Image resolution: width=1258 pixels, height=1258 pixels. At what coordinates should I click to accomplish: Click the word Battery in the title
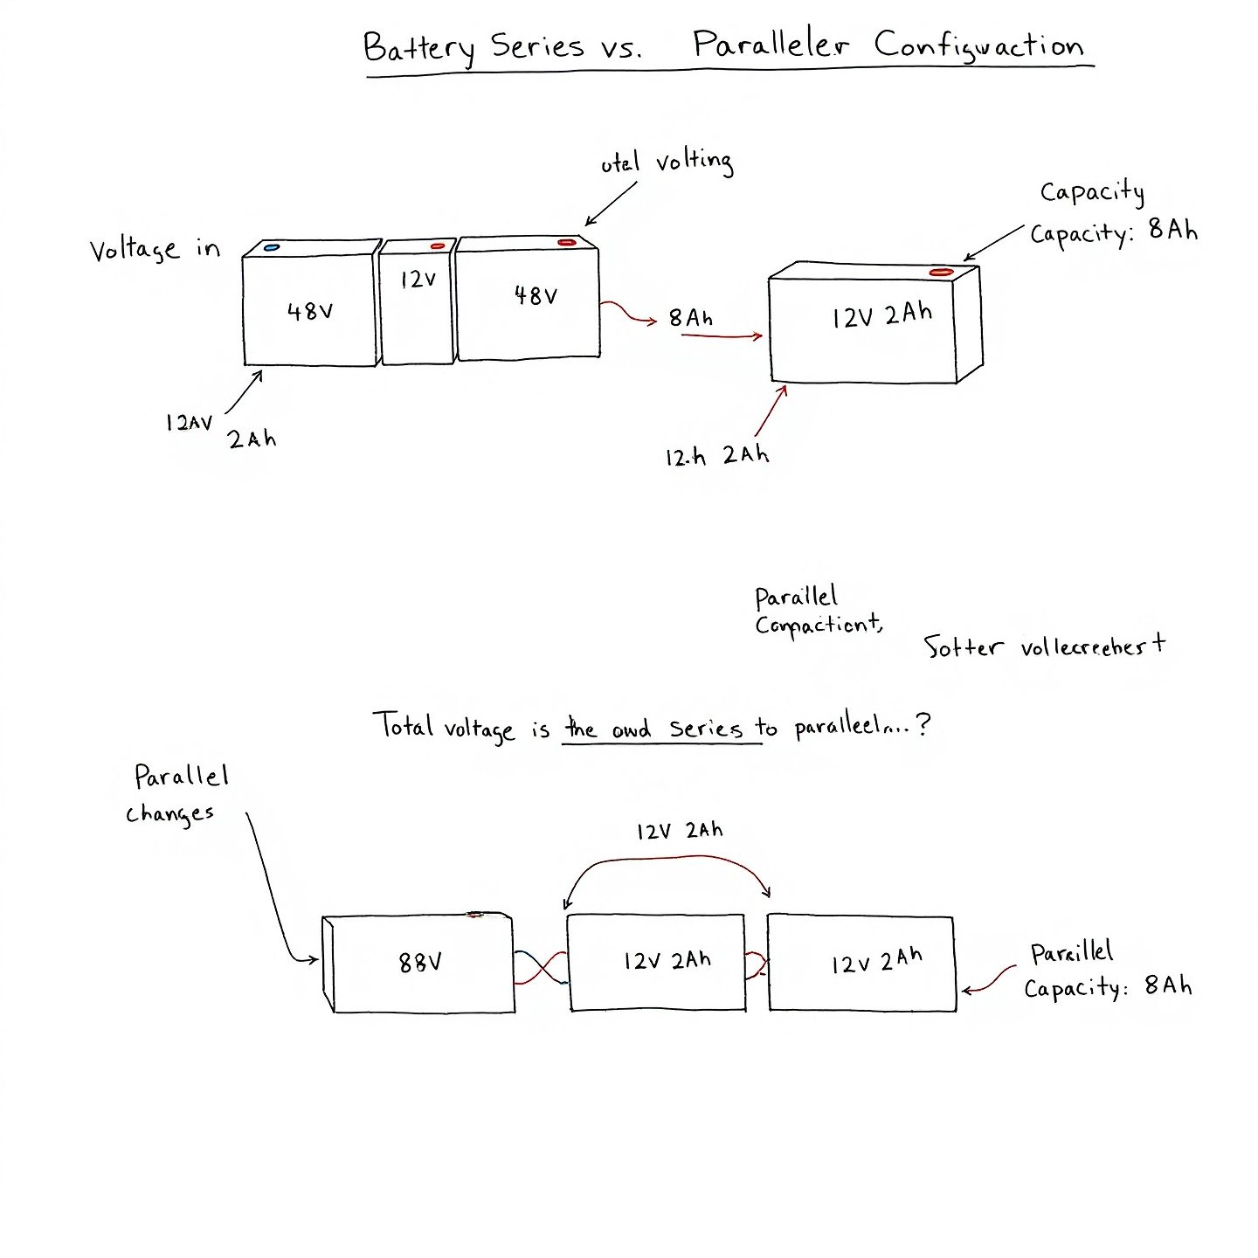[418, 47]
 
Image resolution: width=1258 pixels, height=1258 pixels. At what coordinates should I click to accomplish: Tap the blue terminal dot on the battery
[272, 248]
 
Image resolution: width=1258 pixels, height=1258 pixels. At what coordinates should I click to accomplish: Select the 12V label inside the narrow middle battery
[418, 280]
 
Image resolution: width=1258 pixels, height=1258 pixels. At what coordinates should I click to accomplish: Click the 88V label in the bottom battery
[420, 963]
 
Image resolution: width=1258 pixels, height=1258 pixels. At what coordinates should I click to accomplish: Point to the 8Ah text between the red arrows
[690, 318]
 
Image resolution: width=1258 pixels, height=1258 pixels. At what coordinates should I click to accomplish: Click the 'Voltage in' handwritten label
[155, 250]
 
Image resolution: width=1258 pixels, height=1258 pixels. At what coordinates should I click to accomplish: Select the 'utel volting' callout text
[667, 162]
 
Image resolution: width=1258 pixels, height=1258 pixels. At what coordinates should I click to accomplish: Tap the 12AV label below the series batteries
[189, 423]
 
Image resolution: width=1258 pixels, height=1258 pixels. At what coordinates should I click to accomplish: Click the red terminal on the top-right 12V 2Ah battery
[941, 273]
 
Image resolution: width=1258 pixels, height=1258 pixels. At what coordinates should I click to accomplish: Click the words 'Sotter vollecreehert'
[1044, 647]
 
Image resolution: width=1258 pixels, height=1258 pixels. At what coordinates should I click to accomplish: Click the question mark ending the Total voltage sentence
[924, 724]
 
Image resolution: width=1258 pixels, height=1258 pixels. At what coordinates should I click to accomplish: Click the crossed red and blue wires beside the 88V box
[541, 968]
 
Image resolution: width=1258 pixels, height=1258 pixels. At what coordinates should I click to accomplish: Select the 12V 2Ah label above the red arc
[680, 831]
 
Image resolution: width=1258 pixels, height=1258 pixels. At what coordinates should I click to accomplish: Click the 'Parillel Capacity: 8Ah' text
[1107, 971]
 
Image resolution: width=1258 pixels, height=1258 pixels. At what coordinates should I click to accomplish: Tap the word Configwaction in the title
[979, 46]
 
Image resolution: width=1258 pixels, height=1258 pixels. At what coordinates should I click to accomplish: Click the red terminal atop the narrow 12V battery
[438, 246]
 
